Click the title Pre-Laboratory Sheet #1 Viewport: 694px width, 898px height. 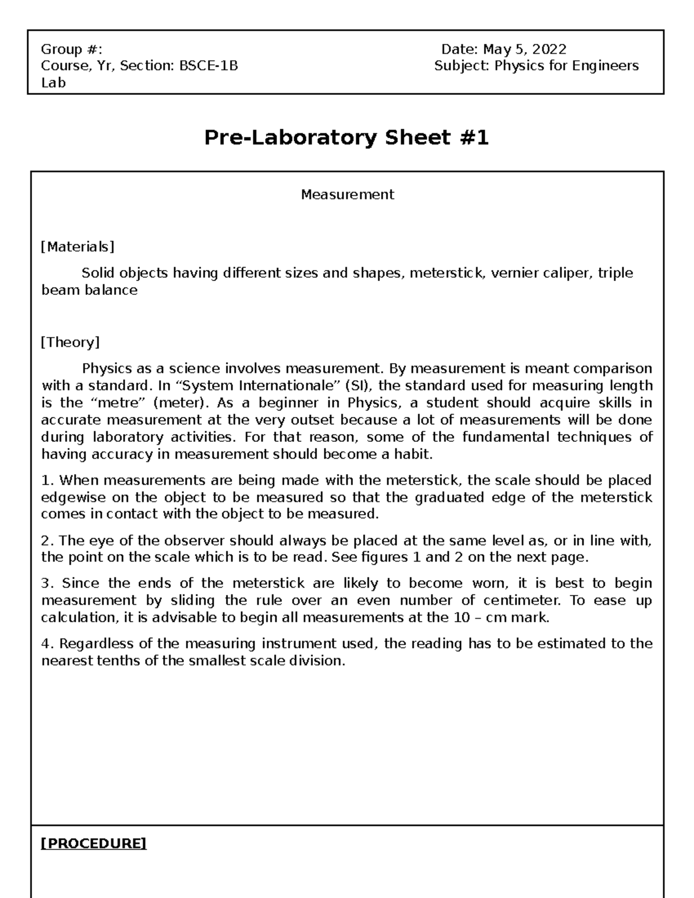[x=346, y=138]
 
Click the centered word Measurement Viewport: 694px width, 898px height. [x=347, y=195]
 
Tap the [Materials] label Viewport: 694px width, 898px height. [x=77, y=247]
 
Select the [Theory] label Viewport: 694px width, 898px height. [x=70, y=342]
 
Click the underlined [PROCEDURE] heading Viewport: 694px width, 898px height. [x=93, y=844]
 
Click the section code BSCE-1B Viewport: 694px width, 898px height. [x=209, y=66]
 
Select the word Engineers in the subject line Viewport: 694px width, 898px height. [x=605, y=66]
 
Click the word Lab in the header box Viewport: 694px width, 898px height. [x=53, y=83]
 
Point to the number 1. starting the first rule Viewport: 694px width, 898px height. [x=47, y=481]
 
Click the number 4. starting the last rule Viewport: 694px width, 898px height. [x=47, y=644]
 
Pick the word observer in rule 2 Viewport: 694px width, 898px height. [x=195, y=541]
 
